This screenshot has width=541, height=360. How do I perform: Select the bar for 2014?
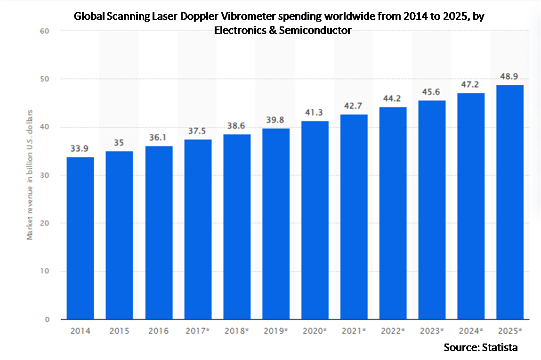tap(80, 238)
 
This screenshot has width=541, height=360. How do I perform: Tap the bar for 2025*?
tap(510, 202)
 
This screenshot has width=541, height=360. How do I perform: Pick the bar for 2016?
tap(159, 233)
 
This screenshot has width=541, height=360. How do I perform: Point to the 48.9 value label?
tap(510, 77)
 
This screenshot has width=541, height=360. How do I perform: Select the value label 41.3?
tap(315, 113)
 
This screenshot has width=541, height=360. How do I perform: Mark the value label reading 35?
tap(119, 143)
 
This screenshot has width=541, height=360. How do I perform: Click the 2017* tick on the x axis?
tap(198, 330)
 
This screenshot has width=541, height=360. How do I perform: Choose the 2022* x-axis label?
tap(393, 330)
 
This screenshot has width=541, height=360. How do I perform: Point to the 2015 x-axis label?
tap(119, 330)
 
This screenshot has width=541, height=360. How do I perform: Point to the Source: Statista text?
tap(480, 348)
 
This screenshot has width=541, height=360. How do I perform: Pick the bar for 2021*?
tap(354, 217)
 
